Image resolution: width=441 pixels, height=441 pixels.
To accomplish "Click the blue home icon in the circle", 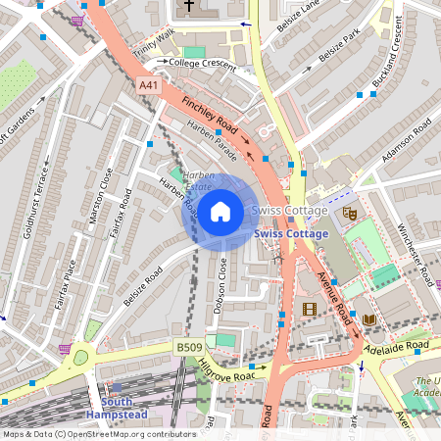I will (x=220, y=211).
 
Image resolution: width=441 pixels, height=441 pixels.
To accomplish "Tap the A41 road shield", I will (x=149, y=86).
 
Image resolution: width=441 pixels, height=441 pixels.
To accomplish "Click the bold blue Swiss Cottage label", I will (x=291, y=235).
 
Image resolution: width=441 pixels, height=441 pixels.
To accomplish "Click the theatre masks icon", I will (x=348, y=213).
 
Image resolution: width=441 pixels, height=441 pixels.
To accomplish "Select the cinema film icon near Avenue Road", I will (x=311, y=310).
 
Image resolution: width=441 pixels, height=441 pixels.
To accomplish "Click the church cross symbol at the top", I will (x=189, y=8).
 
